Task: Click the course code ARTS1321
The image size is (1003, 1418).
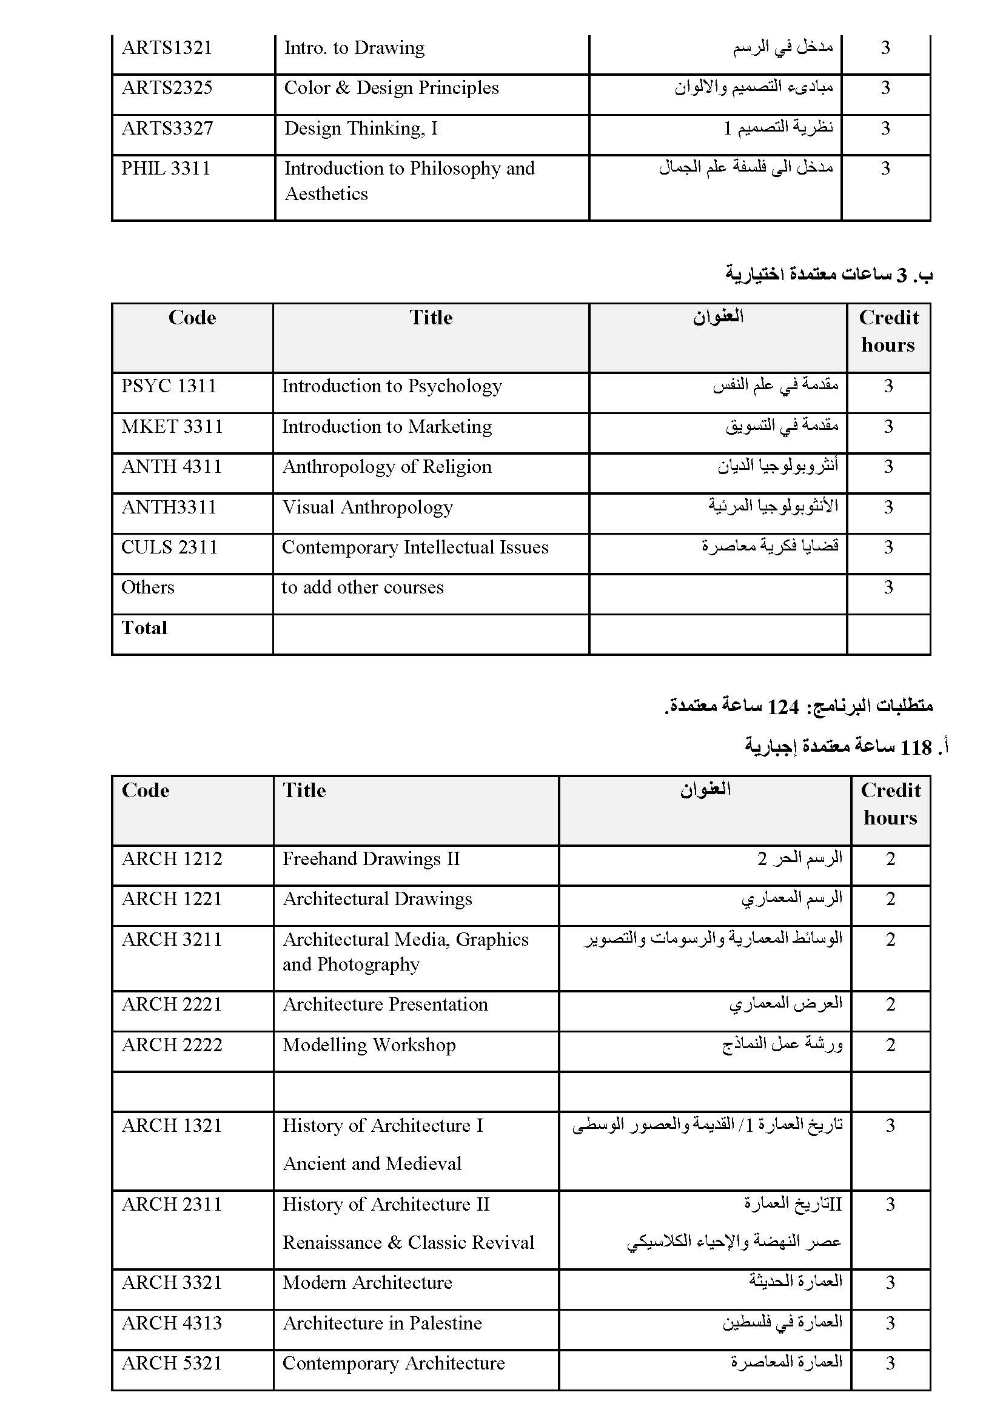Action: (x=167, y=48)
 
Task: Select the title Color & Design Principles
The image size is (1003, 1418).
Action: (x=391, y=89)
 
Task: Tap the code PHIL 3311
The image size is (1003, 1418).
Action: (x=166, y=169)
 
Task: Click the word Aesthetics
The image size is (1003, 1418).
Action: (x=326, y=194)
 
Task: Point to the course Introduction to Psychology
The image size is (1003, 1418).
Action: (x=392, y=387)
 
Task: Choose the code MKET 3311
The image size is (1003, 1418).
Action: (x=172, y=427)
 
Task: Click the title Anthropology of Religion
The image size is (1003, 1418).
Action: (x=387, y=467)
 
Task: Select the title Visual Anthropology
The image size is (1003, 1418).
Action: (x=367, y=507)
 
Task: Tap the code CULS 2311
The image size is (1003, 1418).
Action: (x=169, y=548)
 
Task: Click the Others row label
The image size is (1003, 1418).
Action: (x=147, y=587)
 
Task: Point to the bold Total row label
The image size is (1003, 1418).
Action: (x=144, y=628)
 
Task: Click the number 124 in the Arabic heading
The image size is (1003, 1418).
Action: (x=782, y=707)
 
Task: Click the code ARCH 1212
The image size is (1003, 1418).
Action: (x=172, y=859)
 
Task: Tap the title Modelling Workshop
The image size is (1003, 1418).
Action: (x=369, y=1045)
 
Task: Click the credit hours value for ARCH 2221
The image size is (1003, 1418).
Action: (x=890, y=1004)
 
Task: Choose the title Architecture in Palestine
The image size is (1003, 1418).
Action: (x=381, y=1323)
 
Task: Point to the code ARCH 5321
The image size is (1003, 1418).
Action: (x=172, y=1363)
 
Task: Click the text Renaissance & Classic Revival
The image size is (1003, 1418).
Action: (x=408, y=1242)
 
